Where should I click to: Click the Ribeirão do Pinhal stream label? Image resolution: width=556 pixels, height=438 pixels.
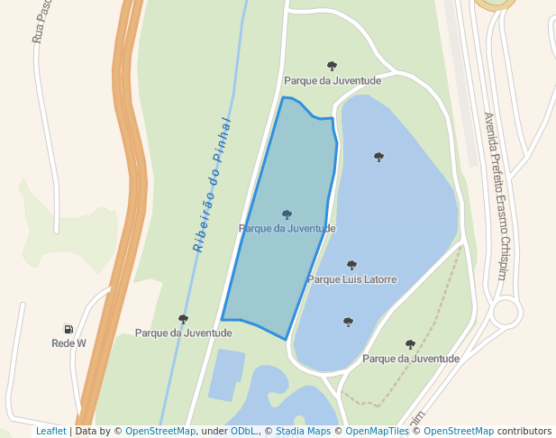(x=213, y=185)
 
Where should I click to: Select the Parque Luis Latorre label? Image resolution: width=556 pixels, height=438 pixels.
(x=352, y=279)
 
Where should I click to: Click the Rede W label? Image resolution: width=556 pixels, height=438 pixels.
(x=68, y=343)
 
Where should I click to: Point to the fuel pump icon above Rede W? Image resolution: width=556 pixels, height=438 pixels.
(x=68, y=330)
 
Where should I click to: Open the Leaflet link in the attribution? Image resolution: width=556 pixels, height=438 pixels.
(x=50, y=432)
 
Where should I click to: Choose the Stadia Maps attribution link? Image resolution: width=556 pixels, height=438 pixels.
(x=303, y=432)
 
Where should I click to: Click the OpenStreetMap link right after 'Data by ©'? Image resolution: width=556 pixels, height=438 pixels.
(x=160, y=432)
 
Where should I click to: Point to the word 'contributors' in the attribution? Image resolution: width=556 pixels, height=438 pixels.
(x=524, y=432)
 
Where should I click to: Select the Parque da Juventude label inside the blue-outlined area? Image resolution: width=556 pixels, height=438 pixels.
(x=287, y=229)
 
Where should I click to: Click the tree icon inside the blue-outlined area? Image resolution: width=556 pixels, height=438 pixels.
(x=287, y=215)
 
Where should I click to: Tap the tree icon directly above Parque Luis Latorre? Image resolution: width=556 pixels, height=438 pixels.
(x=351, y=266)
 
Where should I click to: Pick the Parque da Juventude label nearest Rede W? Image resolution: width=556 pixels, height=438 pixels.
(x=184, y=333)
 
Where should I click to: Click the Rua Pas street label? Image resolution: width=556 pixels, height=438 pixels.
(x=39, y=23)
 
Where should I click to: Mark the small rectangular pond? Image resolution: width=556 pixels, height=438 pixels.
(x=226, y=373)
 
